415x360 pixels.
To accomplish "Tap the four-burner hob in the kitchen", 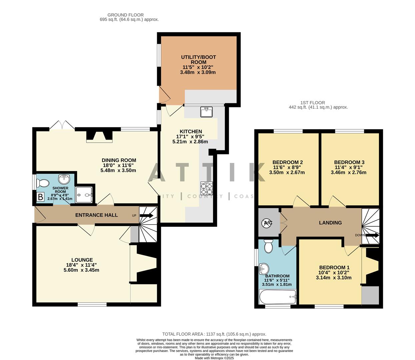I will (206, 188).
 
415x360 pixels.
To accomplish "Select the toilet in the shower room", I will (43, 183).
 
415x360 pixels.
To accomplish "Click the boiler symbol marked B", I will (40, 197).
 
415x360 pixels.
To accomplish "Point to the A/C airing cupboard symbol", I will (268, 223).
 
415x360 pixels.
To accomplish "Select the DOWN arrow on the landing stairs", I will (372, 235).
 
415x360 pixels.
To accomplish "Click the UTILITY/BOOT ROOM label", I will (198, 60).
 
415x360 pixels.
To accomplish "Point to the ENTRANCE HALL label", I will (96, 215).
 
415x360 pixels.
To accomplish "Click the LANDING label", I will (330, 223).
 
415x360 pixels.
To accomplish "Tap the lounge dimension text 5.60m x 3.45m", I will (81, 270).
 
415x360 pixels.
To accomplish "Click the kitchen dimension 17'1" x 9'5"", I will (190, 136).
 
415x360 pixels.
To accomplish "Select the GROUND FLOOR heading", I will (125, 15).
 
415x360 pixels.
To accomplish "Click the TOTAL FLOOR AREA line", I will (214, 334).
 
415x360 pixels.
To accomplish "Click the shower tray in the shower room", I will (84, 195).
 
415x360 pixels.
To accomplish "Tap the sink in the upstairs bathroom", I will (264, 267).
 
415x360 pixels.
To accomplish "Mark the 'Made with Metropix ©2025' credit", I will (214, 358).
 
